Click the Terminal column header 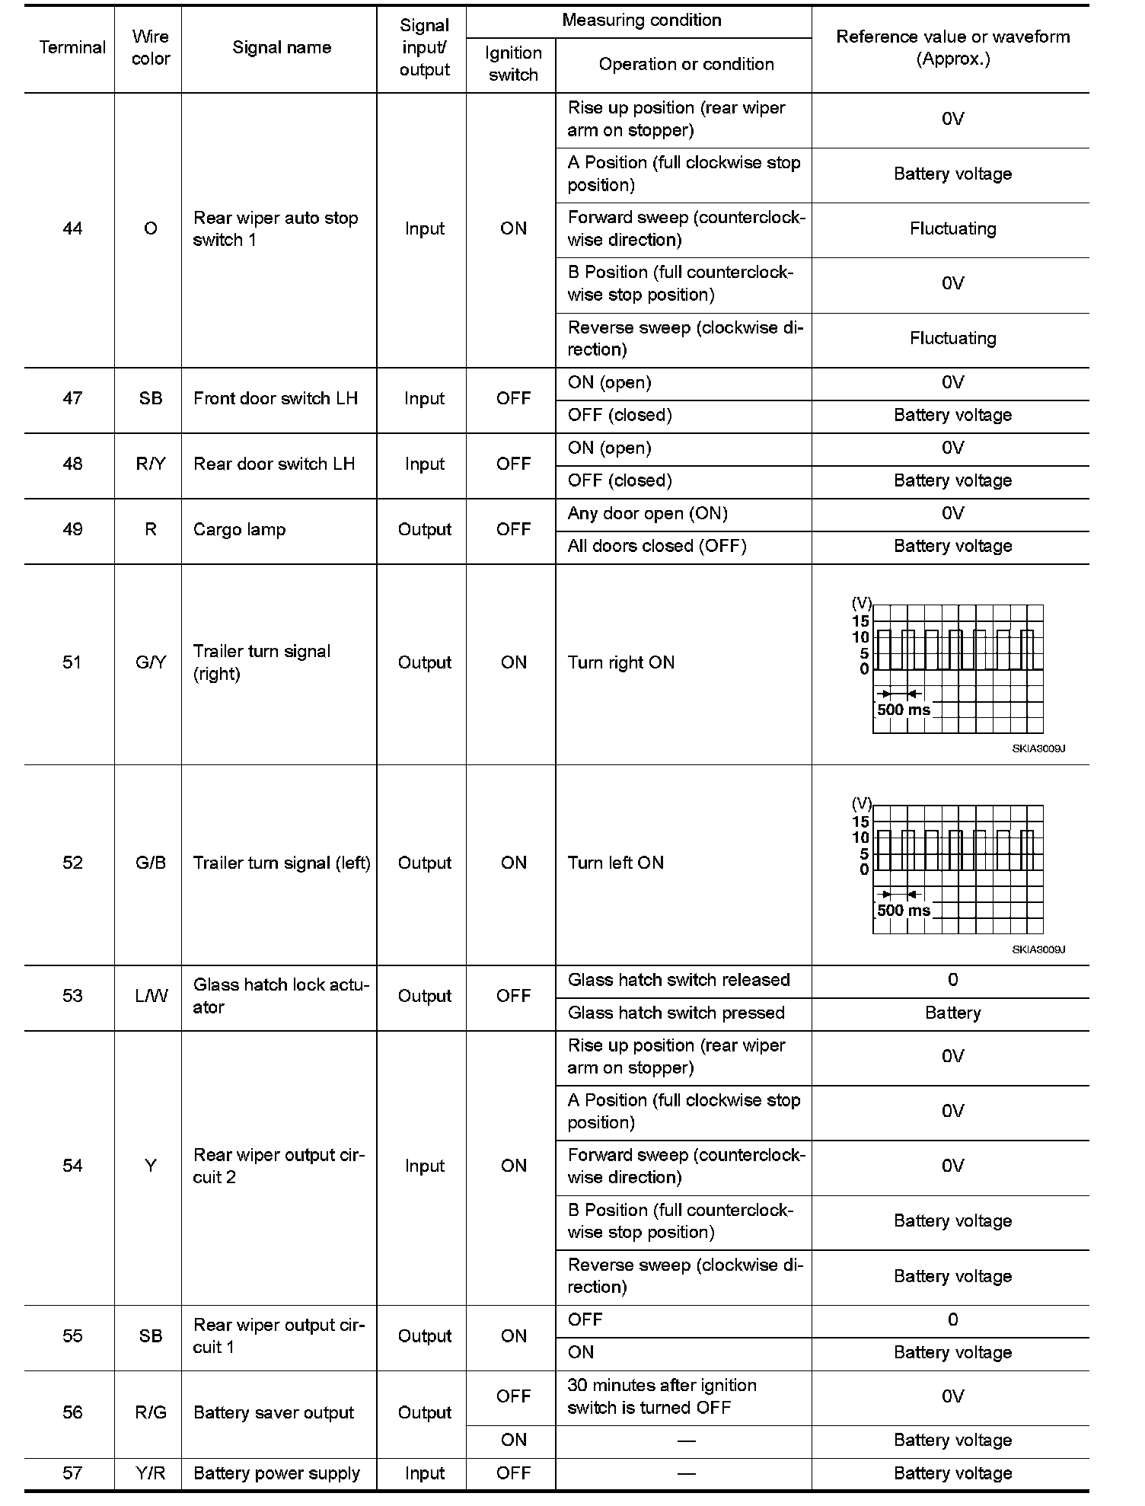click(x=72, y=48)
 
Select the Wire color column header click(x=150, y=48)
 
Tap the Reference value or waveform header click(x=952, y=48)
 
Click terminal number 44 click(x=72, y=228)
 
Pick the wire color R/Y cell click(x=150, y=464)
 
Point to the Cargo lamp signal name click(x=239, y=530)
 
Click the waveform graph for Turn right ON click(x=957, y=668)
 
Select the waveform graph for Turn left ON click(x=957, y=869)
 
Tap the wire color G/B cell click(x=150, y=863)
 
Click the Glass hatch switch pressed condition click(x=676, y=1013)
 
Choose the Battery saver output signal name click(x=273, y=1413)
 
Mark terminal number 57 click(x=72, y=1473)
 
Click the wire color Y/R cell click(x=150, y=1473)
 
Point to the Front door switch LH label click(x=276, y=399)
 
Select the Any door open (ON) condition click(x=648, y=514)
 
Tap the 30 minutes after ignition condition click(x=662, y=1396)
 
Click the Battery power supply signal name click(x=276, y=1473)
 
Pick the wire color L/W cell click(x=150, y=997)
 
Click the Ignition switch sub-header click(x=513, y=64)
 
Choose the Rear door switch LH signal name click(x=274, y=464)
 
